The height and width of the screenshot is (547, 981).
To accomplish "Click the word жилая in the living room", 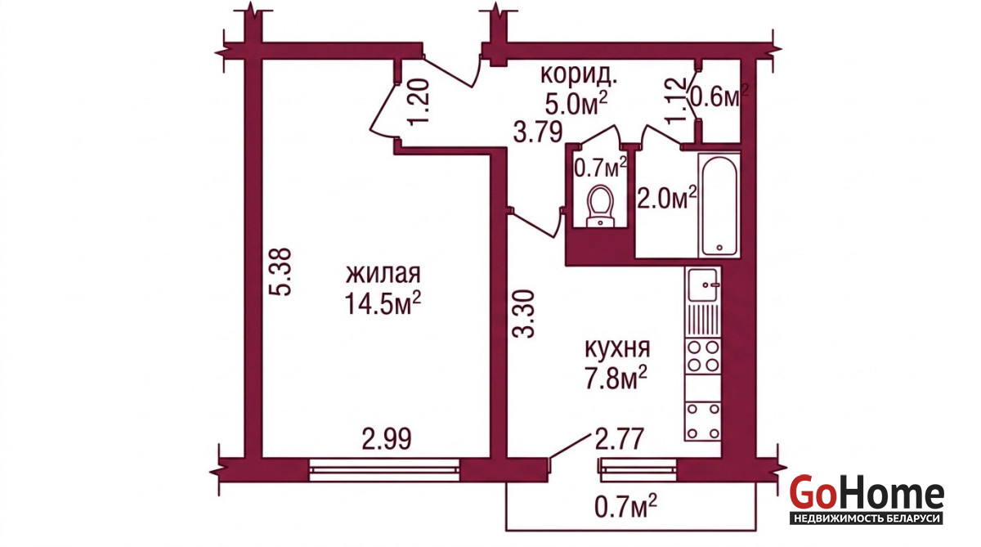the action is click(x=383, y=274).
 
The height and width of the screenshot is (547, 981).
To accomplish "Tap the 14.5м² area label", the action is click(x=383, y=303).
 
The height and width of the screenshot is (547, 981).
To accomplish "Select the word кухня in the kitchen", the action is click(x=617, y=348).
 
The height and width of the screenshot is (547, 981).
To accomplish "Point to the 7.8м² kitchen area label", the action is click(x=616, y=378).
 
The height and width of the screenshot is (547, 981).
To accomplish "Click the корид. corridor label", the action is click(x=579, y=74).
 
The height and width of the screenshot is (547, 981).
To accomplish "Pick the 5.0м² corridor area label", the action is click(x=576, y=103).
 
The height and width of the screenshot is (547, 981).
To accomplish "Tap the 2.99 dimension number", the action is click(x=387, y=439).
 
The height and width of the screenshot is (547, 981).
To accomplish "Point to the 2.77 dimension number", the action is click(x=620, y=438).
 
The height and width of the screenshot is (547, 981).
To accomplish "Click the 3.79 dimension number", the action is click(x=538, y=132).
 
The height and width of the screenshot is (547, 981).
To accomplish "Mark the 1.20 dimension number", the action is click(x=419, y=102).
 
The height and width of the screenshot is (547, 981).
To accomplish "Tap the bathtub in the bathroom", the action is click(x=719, y=205).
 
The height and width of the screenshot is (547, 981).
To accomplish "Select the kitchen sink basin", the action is click(x=702, y=285).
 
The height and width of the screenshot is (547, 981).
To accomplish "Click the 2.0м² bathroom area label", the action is click(x=666, y=198).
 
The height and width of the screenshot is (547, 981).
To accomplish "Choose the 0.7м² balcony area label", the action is click(x=625, y=505).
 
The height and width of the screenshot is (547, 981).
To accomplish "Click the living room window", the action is click(x=384, y=470).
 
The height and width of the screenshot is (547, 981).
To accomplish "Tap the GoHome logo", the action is click(x=867, y=499).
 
